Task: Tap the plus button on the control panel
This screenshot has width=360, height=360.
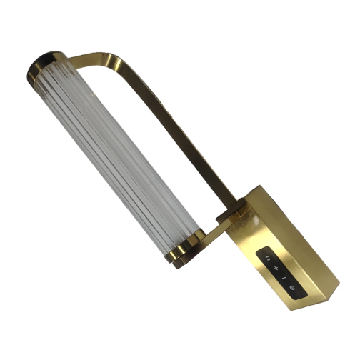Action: (x=276, y=267)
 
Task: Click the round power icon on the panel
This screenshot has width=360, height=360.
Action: (x=291, y=287)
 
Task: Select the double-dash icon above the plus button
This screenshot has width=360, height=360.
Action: (x=269, y=258)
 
